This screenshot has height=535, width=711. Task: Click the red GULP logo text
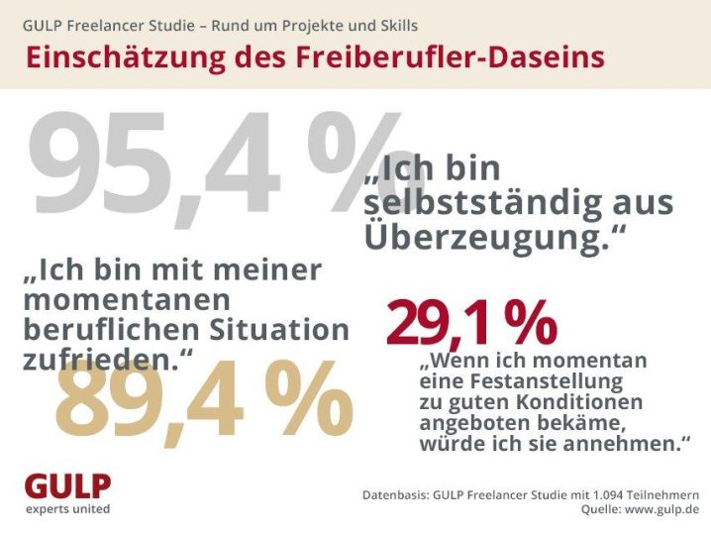[x=67, y=486]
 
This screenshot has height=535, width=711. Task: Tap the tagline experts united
[x=68, y=509]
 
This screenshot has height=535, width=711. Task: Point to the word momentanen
[x=127, y=300]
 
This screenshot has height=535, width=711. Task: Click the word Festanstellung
[x=541, y=381]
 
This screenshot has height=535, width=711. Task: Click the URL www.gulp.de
[x=662, y=509]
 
